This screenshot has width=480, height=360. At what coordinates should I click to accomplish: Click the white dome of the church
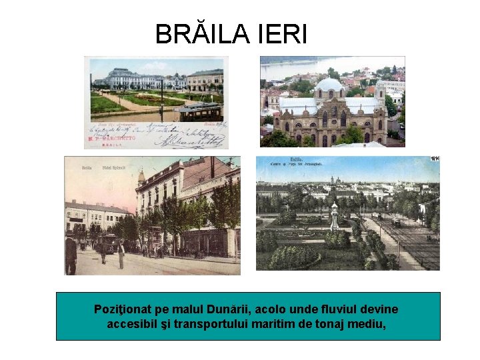point(329,85)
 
